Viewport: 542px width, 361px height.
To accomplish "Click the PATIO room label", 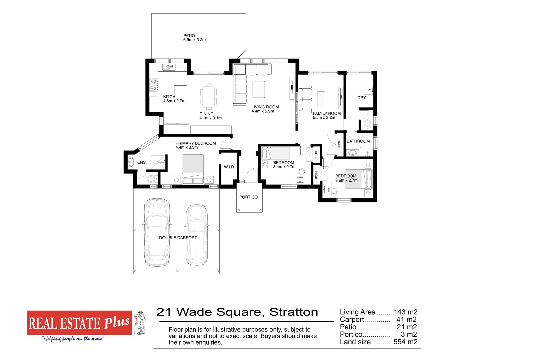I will tap(189, 36).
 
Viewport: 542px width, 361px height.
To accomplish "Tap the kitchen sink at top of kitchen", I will tap(169, 67).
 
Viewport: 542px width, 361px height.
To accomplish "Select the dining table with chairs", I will tap(209, 97).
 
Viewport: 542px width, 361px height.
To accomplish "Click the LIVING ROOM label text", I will tap(265, 107).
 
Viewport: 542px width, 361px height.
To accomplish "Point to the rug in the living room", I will tap(259, 89).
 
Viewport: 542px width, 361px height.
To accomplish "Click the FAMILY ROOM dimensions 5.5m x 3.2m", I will tap(324, 118).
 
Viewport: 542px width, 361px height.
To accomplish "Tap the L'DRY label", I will tap(360, 98).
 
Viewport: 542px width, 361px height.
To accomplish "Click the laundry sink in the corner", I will tap(368, 90).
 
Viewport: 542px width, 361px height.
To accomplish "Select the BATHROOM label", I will tap(358, 141).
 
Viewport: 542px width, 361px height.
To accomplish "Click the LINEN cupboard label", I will tap(339, 144).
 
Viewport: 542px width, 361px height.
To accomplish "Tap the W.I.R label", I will tap(229, 167).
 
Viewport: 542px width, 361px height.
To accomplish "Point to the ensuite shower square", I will tap(158, 162).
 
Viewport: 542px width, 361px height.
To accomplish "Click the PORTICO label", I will tap(248, 197).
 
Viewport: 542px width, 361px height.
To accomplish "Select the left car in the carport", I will tap(156, 232).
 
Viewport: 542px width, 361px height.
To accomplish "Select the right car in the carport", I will tap(197, 235).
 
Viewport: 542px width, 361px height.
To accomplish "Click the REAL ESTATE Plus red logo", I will tap(80, 323).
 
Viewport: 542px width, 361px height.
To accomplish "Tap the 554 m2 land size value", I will tap(405, 342).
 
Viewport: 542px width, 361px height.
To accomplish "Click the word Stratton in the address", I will tap(294, 312).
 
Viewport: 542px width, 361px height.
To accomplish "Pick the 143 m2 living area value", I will tap(405, 312).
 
